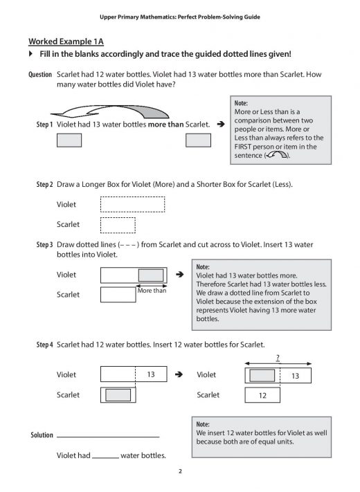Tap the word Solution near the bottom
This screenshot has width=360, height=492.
point(42,435)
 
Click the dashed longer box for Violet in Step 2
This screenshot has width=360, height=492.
point(132,205)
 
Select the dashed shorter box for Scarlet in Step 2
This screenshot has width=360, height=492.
point(117,226)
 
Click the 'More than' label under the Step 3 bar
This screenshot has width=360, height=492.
point(152,291)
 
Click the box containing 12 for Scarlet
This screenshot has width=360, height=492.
point(262,396)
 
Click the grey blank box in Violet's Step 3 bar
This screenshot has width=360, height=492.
point(150,275)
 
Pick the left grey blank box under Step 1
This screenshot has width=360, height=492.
point(69,140)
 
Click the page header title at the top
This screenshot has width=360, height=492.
point(179,15)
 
